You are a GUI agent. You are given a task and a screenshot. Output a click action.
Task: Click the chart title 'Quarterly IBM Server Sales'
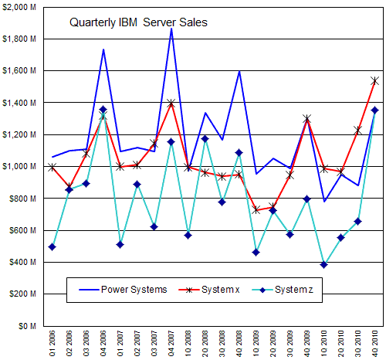pyautogui.click(x=138, y=22)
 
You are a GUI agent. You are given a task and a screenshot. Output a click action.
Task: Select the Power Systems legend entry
pyautogui.click(x=123, y=290)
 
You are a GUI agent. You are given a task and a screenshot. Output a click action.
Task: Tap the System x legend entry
pyautogui.click(x=209, y=290)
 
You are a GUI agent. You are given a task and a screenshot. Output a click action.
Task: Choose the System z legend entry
pyautogui.click(x=283, y=290)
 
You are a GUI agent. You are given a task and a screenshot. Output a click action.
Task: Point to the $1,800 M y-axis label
pyautogui.click(x=19, y=39)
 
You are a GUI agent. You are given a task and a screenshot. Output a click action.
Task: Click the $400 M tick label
pyautogui.click(x=22, y=262)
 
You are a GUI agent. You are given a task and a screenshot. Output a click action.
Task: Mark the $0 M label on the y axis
pyautogui.click(x=27, y=326)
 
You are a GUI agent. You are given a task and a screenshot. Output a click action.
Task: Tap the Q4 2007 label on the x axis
pyautogui.click(x=171, y=344)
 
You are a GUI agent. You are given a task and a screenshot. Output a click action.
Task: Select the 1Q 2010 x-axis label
pyautogui.click(x=324, y=344)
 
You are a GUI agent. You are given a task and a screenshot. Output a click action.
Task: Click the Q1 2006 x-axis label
pyautogui.click(x=52, y=344)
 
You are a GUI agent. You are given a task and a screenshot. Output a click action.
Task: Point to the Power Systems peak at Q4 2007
pyautogui.click(x=171, y=29)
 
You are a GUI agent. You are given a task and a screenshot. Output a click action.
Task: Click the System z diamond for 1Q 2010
pyautogui.click(x=324, y=264)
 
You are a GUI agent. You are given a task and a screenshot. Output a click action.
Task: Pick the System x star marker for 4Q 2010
pyautogui.click(x=374, y=81)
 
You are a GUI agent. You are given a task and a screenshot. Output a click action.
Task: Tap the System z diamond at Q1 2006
pyautogui.click(x=52, y=247)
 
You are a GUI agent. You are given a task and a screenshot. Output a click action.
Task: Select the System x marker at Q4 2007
pyautogui.click(x=171, y=104)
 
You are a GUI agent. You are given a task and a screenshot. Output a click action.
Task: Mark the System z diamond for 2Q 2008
pyautogui.click(x=205, y=139)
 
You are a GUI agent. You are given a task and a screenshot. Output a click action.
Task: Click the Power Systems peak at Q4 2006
pyautogui.click(x=103, y=49)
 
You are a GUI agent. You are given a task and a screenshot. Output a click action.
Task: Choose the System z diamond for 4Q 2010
pyautogui.click(x=374, y=110)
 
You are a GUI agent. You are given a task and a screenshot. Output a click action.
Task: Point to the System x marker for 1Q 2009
pyautogui.click(x=256, y=209)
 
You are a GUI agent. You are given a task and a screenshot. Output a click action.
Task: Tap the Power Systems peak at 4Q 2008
pyautogui.click(x=239, y=71)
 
